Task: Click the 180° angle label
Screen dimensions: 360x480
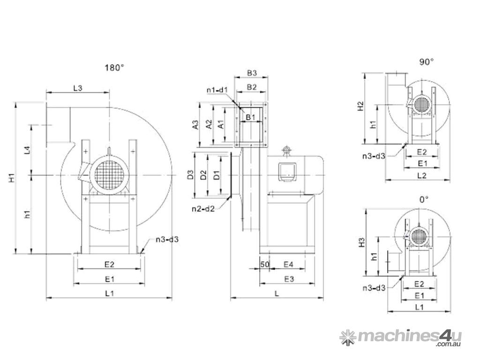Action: [x=114, y=67]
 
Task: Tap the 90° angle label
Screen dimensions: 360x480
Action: [x=426, y=61]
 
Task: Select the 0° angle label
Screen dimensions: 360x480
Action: [x=424, y=199]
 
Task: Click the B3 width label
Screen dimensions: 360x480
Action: [x=252, y=73]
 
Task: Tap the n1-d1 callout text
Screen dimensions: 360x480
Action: [x=217, y=90]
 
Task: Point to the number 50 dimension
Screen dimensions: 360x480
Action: [x=264, y=265]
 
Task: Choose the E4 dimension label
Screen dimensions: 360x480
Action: [x=289, y=265]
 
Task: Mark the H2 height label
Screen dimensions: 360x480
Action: [x=360, y=106]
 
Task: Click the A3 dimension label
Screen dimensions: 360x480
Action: [x=195, y=125]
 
